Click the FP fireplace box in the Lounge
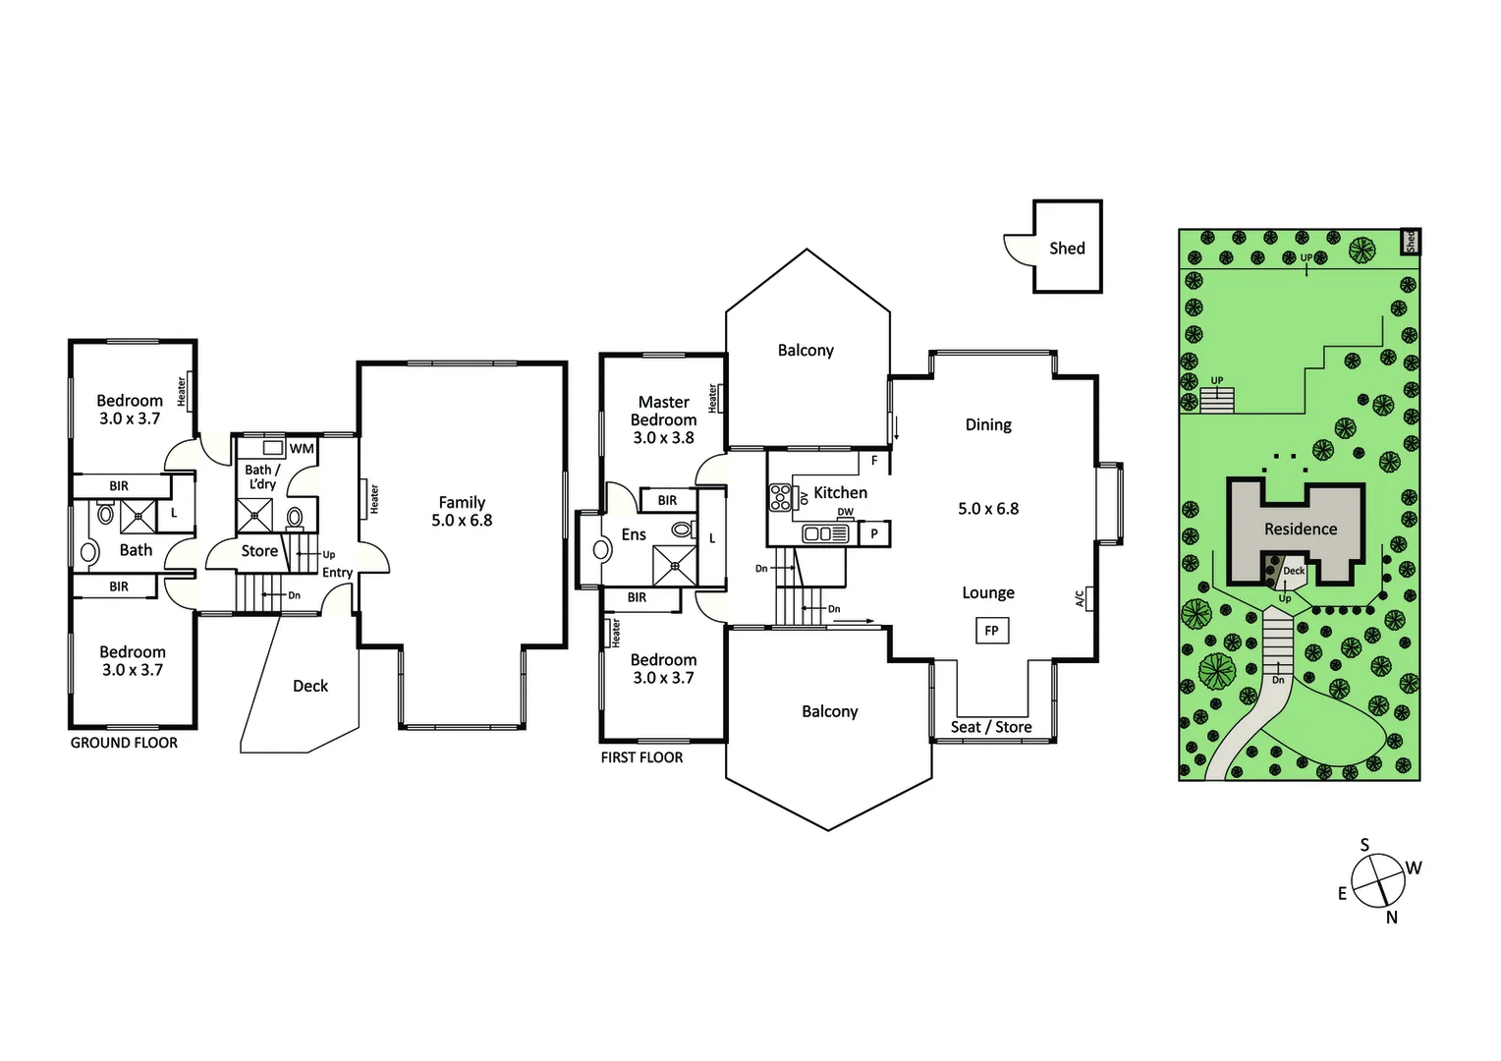tap(991, 631)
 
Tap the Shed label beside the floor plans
tap(1067, 249)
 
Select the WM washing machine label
tap(302, 449)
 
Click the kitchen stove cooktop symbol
tap(781, 498)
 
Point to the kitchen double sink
tap(825, 533)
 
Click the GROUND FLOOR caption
tap(124, 743)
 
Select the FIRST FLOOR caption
tap(641, 757)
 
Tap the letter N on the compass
tap(1391, 918)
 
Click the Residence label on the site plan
tap(1300, 530)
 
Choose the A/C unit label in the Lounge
tap(1081, 598)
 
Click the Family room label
tap(462, 502)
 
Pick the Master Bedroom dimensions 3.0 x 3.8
tap(663, 438)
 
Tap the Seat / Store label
tap(991, 727)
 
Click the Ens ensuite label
tap(634, 534)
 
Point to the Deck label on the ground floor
tap(310, 686)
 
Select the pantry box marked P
tap(874, 534)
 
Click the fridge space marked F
tap(874, 460)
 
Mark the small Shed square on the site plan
tap(1410, 242)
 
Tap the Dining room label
tap(988, 424)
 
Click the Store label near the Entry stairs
tap(259, 551)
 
